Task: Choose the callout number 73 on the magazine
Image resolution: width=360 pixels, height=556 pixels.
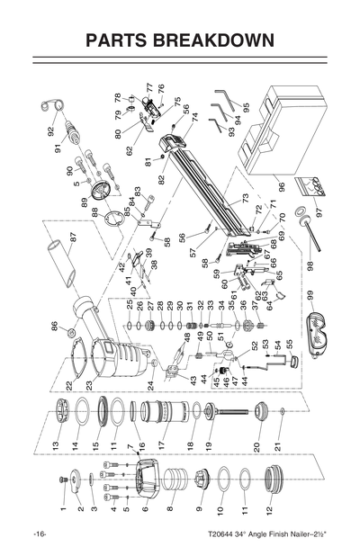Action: [x=244, y=198]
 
